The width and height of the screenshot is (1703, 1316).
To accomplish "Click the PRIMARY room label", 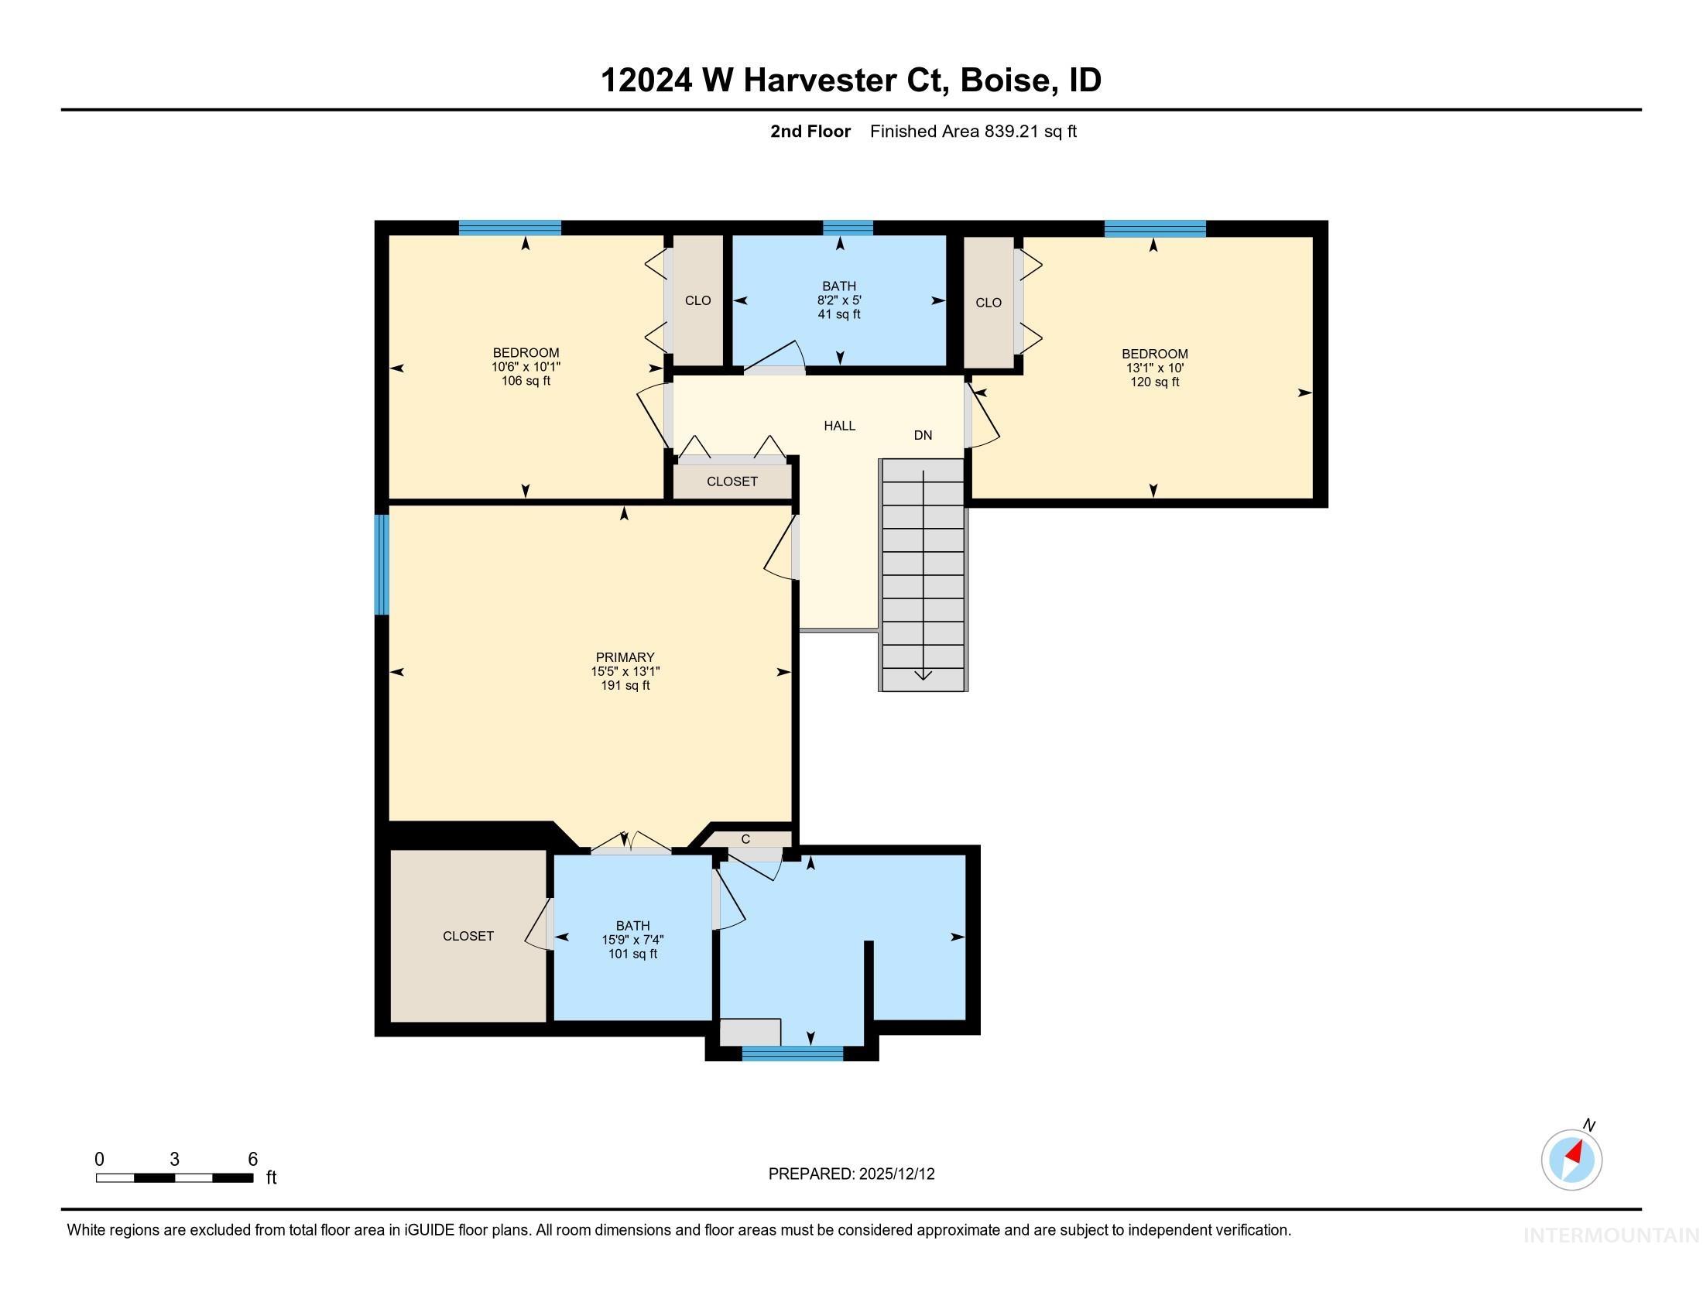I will tap(625, 657).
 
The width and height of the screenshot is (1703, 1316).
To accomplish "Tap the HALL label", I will tap(839, 426).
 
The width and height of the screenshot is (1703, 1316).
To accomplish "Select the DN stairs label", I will tap(923, 435).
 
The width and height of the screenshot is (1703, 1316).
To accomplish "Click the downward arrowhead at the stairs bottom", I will tap(923, 674).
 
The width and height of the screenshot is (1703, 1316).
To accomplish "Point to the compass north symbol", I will tap(1571, 1160).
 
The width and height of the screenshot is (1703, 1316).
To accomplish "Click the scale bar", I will tap(174, 1177).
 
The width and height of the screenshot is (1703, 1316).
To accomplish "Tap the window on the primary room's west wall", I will tap(382, 564).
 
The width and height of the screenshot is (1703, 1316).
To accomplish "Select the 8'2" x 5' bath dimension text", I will tap(839, 300).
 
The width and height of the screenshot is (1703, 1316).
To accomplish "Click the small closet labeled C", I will tap(745, 839).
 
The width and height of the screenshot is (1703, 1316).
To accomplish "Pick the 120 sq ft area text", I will tap(1154, 382).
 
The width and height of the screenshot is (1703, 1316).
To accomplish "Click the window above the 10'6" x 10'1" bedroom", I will tap(509, 228).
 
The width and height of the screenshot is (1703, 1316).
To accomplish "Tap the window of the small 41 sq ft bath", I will tap(848, 228).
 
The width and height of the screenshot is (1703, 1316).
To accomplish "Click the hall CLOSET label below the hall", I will tap(732, 482).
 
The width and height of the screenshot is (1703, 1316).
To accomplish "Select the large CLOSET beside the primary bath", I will tap(468, 936).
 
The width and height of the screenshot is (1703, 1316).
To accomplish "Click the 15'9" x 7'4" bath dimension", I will tap(632, 941).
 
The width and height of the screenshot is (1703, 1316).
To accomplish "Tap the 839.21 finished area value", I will tap(1012, 132).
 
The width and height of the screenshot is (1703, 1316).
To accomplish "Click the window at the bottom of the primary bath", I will tap(792, 1054).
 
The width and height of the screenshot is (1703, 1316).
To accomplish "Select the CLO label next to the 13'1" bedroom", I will tap(988, 303).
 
